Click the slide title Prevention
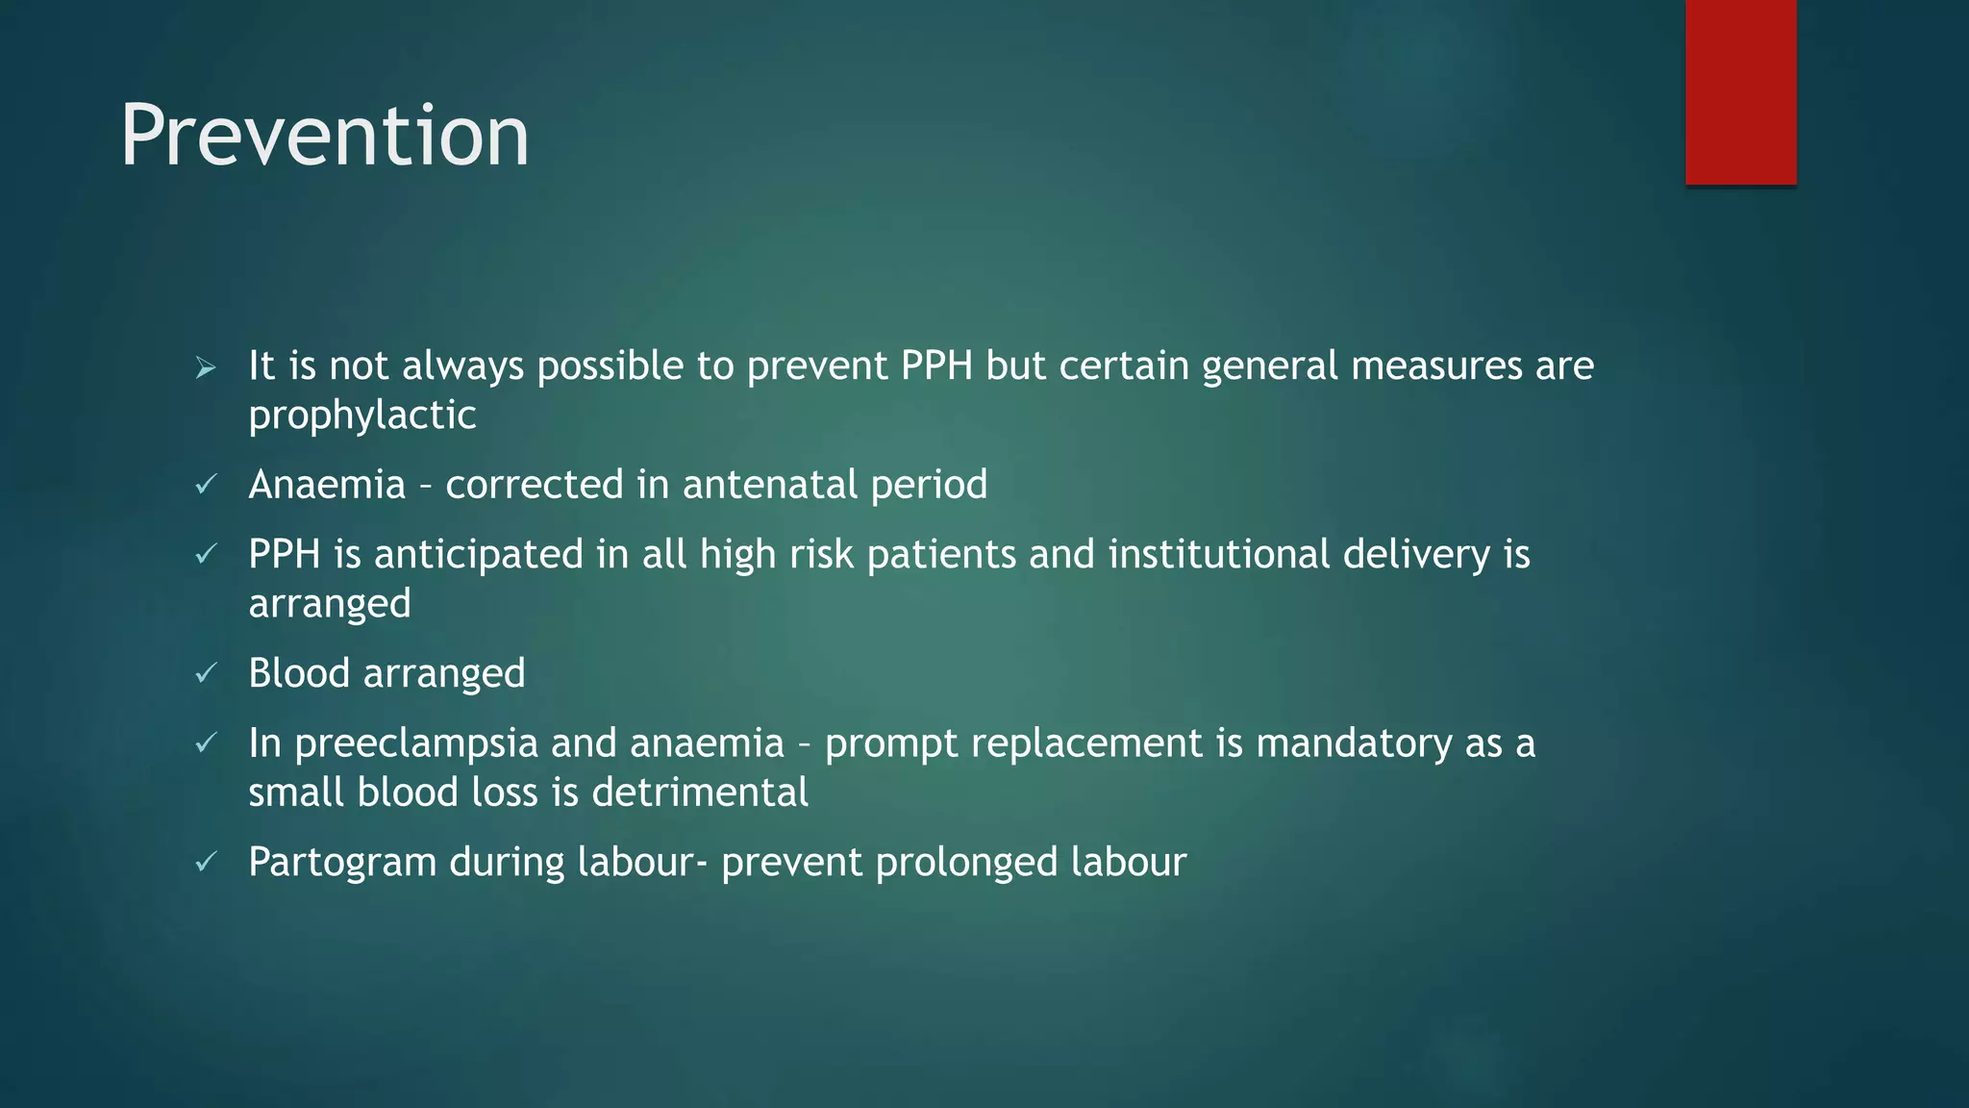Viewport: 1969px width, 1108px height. [x=324, y=136]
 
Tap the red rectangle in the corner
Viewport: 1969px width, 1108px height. [x=1740, y=91]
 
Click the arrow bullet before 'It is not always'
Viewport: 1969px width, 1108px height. [x=206, y=367]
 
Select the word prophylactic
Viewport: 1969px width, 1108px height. [x=362, y=415]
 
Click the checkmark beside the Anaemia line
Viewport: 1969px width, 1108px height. [x=206, y=485]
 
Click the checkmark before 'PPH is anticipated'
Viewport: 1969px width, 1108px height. [x=206, y=555]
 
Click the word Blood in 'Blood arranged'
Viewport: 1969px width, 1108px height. [x=299, y=672]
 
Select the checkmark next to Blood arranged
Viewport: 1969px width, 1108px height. [x=206, y=673]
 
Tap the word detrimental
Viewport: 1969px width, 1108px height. [x=700, y=793]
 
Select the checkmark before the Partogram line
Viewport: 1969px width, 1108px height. [x=206, y=862]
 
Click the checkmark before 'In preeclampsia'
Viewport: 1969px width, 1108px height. [x=206, y=743]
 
